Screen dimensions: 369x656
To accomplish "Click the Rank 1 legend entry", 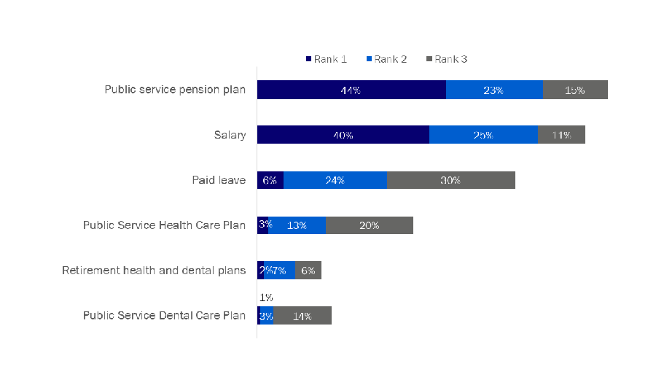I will tap(326, 59).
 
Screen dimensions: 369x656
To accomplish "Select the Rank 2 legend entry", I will tap(386, 59).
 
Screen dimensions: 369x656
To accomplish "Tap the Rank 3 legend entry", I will tap(447, 59).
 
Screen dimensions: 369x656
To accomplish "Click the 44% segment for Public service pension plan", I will tap(351, 90).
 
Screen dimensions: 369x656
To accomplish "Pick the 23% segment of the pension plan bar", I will tap(493, 90).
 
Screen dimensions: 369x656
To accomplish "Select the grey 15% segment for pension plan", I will tap(574, 90).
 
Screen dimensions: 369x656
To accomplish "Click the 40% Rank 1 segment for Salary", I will tap(343, 135).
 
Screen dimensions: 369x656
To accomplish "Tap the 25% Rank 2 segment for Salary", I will tap(483, 135).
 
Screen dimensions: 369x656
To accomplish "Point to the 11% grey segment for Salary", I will tap(561, 135).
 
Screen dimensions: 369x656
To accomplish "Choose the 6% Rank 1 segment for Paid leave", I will tap(270, 180).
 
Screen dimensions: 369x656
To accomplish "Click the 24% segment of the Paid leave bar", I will tap(335, 180).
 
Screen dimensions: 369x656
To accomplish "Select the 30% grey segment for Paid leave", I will tap(450, 180).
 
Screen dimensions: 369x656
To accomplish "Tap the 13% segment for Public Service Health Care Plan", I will tap(297, 225).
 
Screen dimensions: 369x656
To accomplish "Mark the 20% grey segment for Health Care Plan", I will tap(369, 225).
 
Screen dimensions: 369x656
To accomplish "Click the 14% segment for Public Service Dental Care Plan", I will tap(302, 316).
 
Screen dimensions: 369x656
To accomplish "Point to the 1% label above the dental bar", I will tap(266, 298).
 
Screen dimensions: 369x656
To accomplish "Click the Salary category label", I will tap(230, 135).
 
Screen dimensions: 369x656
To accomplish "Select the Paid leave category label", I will tap(219, 180).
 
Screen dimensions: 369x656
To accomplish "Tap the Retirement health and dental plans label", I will tap(154, 271).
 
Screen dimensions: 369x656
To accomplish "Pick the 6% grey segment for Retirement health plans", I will tap(308, 271).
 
